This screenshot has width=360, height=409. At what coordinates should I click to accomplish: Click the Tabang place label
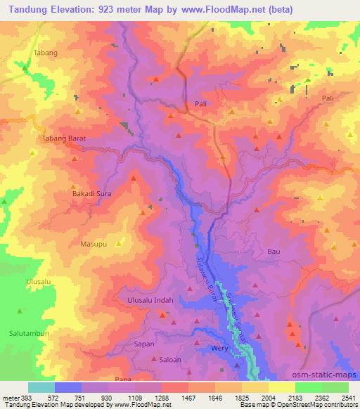coord(46,53)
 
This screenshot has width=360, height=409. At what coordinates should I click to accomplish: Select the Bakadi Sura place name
coord(92,192)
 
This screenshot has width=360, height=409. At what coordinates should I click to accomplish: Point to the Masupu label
coord(94,243)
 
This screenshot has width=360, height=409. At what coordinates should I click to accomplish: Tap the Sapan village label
coord(143,345)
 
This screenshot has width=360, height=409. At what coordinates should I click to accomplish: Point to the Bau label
coord(274,251)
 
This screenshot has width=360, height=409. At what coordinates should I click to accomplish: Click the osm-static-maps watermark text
coord(327,375)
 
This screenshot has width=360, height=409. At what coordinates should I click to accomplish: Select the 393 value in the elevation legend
coord(27,397)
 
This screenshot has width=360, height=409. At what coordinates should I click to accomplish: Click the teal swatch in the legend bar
coord(41,387)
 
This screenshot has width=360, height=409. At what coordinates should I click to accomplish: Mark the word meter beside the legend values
coord(10,397)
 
